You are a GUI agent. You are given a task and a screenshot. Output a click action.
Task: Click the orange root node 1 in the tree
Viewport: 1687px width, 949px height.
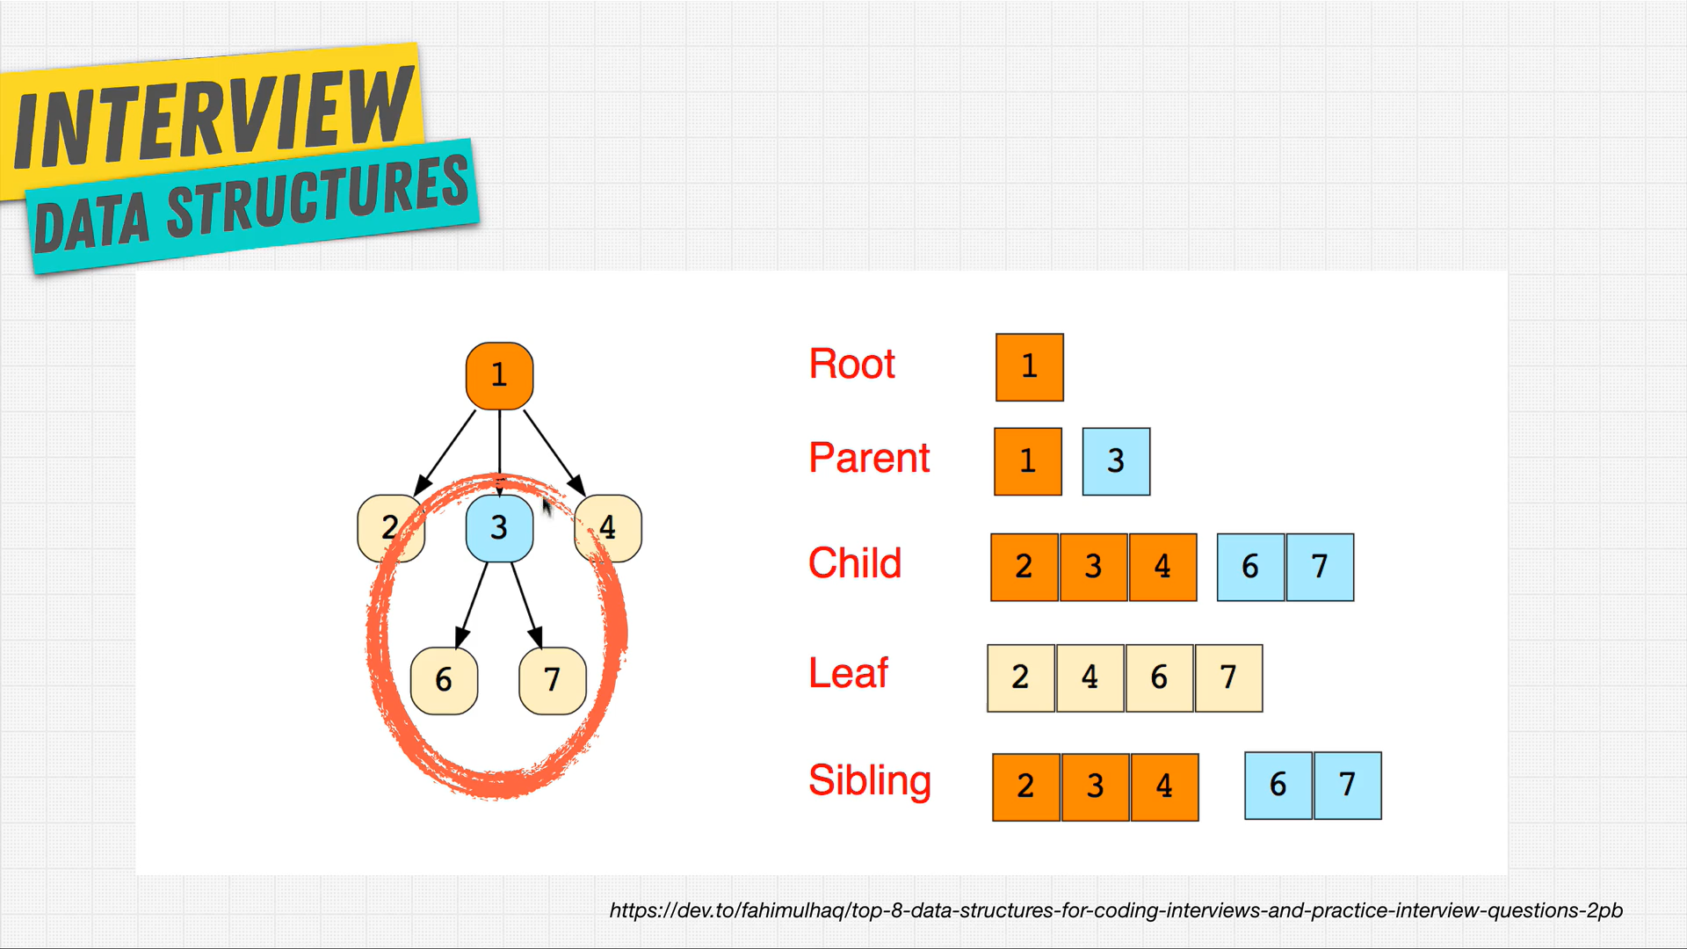[499, 376]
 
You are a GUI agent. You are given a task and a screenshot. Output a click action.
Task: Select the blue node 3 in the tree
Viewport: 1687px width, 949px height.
[499, 528]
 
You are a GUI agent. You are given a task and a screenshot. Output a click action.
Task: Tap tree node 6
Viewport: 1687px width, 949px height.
[444, 681]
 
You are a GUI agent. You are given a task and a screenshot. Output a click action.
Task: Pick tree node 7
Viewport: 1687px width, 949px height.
[553, 681]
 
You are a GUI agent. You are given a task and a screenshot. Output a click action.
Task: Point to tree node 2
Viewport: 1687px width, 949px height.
[391, 528]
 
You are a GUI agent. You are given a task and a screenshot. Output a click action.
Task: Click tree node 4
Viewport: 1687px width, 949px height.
[608, 528]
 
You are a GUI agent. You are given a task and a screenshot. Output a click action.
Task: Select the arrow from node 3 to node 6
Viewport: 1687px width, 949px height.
[472, 605]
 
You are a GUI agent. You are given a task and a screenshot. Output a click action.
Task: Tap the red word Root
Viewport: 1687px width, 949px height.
[851, 364]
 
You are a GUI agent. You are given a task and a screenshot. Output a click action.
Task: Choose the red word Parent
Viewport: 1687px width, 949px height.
[869, 458]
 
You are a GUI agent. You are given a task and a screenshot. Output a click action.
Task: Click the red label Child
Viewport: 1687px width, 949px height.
[855, 563]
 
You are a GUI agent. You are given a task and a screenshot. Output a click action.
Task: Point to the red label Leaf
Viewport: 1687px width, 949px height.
[848, 673]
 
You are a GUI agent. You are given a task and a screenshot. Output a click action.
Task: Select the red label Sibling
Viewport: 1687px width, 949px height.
[870, 781]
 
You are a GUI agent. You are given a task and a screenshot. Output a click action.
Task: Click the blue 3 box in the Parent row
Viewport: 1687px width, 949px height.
[1116, 461]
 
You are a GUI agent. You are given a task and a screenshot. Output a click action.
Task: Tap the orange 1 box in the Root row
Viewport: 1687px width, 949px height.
[1030, 367]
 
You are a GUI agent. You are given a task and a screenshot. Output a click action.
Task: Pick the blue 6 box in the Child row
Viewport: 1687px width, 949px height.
[1251, 568]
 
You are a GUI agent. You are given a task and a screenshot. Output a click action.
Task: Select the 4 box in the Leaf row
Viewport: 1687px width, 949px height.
[1090, 678]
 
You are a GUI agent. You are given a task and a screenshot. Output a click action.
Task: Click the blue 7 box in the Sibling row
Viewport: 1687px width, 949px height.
[1348, 786]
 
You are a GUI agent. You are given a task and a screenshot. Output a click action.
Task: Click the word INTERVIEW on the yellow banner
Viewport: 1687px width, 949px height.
[214, 116]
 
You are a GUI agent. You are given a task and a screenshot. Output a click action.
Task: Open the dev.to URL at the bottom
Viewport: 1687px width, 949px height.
[1116, 910]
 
